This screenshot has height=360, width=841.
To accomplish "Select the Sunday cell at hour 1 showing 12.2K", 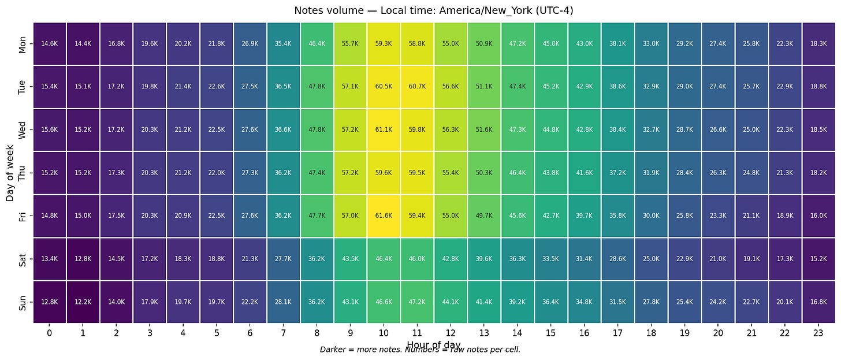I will click(x=83, y=302).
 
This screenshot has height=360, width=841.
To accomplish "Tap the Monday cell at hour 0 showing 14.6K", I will click(x=50, y=43).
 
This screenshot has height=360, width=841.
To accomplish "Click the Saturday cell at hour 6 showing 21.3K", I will click(x=250, y=258).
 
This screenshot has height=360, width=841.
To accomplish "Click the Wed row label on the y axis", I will click(x=23, y=129).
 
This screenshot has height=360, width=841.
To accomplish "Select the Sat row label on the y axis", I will click(x=23, y=258).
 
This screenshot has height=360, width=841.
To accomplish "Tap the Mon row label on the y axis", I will click(x=23, y=43).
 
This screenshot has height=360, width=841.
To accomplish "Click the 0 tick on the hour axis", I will click(x=50, y=333).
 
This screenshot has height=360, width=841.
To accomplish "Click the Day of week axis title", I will click(x=10, y=172).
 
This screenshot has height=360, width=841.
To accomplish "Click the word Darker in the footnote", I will click(x=333, y=350).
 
